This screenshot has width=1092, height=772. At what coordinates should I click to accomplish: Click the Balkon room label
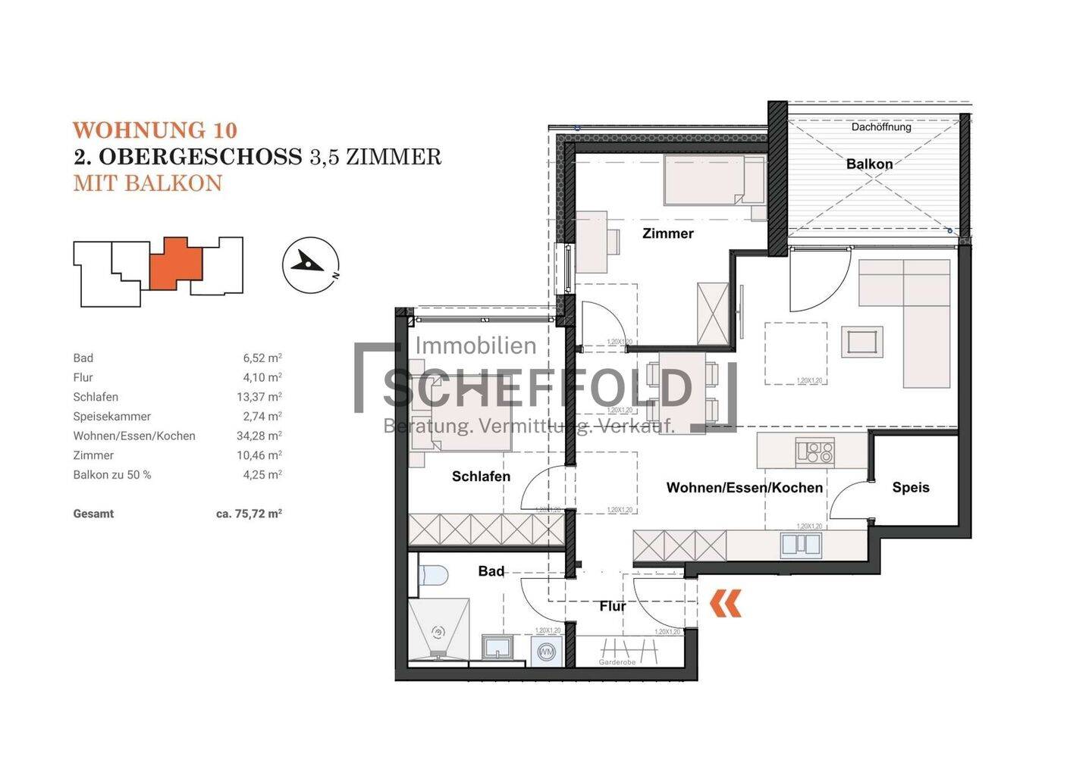point(869,164)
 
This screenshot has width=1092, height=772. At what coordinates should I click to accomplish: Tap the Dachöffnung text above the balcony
point(880,127)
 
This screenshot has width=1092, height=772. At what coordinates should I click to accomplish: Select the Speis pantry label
point(910,487)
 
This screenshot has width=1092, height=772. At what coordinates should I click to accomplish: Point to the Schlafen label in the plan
point(481,477)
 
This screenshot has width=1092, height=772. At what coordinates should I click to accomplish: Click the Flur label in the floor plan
point(612,606)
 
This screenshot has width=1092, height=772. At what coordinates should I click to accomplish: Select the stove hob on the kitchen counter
point(815,452)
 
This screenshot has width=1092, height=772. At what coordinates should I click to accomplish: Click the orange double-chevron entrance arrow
point(726,604)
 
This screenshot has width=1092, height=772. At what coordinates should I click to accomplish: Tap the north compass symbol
point(310,264)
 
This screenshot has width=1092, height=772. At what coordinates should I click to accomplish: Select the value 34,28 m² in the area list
point(259,436)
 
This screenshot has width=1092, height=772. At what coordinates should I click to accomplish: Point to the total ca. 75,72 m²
point(249,514)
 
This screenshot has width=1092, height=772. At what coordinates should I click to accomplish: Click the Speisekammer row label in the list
point(111,417)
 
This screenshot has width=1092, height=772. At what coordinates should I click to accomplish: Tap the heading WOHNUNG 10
point(155,131)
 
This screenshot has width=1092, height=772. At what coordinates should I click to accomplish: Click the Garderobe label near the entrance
point(617,662)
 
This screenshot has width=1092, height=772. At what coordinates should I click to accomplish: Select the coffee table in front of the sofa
point(862,342)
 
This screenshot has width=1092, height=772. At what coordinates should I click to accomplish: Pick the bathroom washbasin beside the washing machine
point(497,649)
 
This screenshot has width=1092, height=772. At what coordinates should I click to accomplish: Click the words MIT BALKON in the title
point(148,183)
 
